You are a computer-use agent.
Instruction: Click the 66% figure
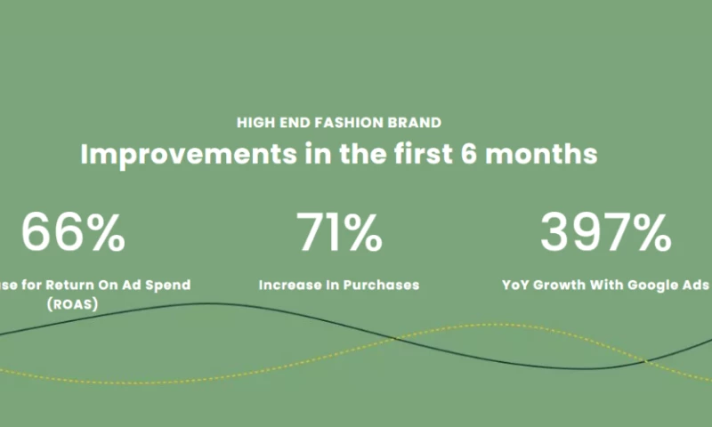coord(73,233)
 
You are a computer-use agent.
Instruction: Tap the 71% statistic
coord(339,233)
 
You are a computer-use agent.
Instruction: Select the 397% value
coord(605,233)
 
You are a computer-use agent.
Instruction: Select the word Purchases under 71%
coord(380,286)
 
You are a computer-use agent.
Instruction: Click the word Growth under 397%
coord(564,286)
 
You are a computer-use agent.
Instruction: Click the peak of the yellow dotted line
coord(485,325)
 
